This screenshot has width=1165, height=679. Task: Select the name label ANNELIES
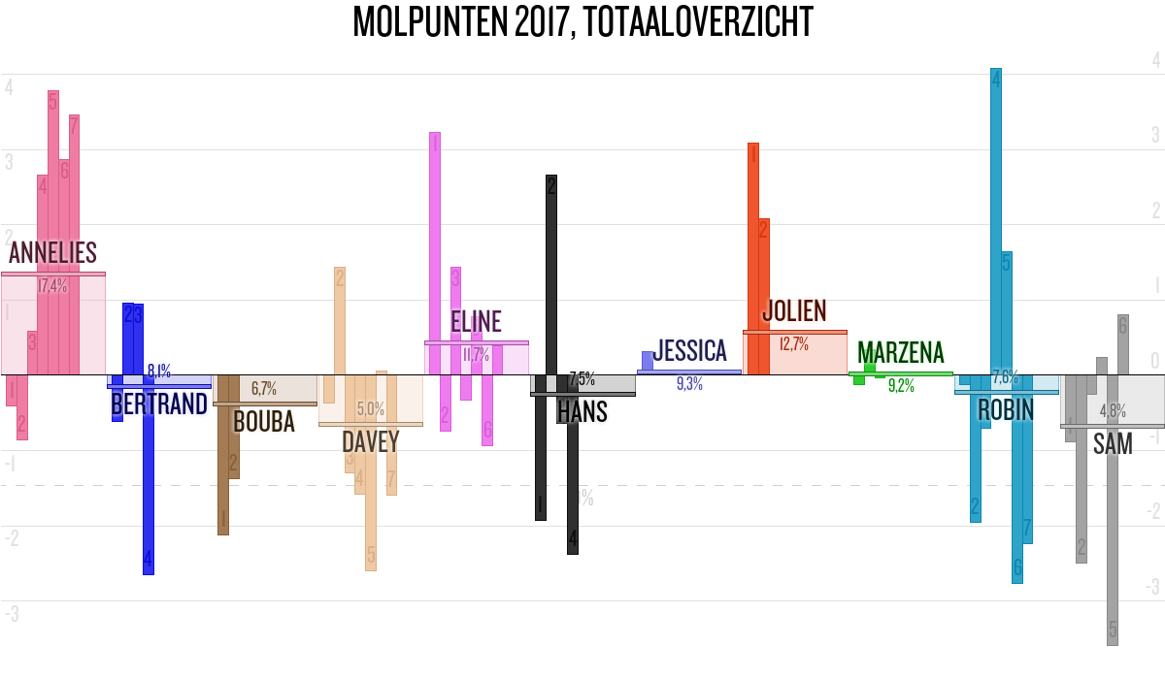pos(53,253)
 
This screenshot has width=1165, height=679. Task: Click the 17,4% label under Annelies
pos(52,286)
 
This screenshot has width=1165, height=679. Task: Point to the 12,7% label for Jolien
pos(794,343)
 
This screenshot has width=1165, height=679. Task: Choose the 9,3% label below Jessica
pos(688,384)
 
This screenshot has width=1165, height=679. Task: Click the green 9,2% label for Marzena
pos(901,386)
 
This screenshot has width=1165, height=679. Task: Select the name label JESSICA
pos(689,351)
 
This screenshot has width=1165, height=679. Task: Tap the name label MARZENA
pos(900,353)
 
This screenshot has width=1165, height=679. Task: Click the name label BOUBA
pos(264,422)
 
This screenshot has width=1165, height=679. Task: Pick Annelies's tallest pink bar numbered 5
pos(53,233)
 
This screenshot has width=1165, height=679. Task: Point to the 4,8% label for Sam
pos(1113,411)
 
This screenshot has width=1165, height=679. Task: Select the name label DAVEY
pos(371,442)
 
